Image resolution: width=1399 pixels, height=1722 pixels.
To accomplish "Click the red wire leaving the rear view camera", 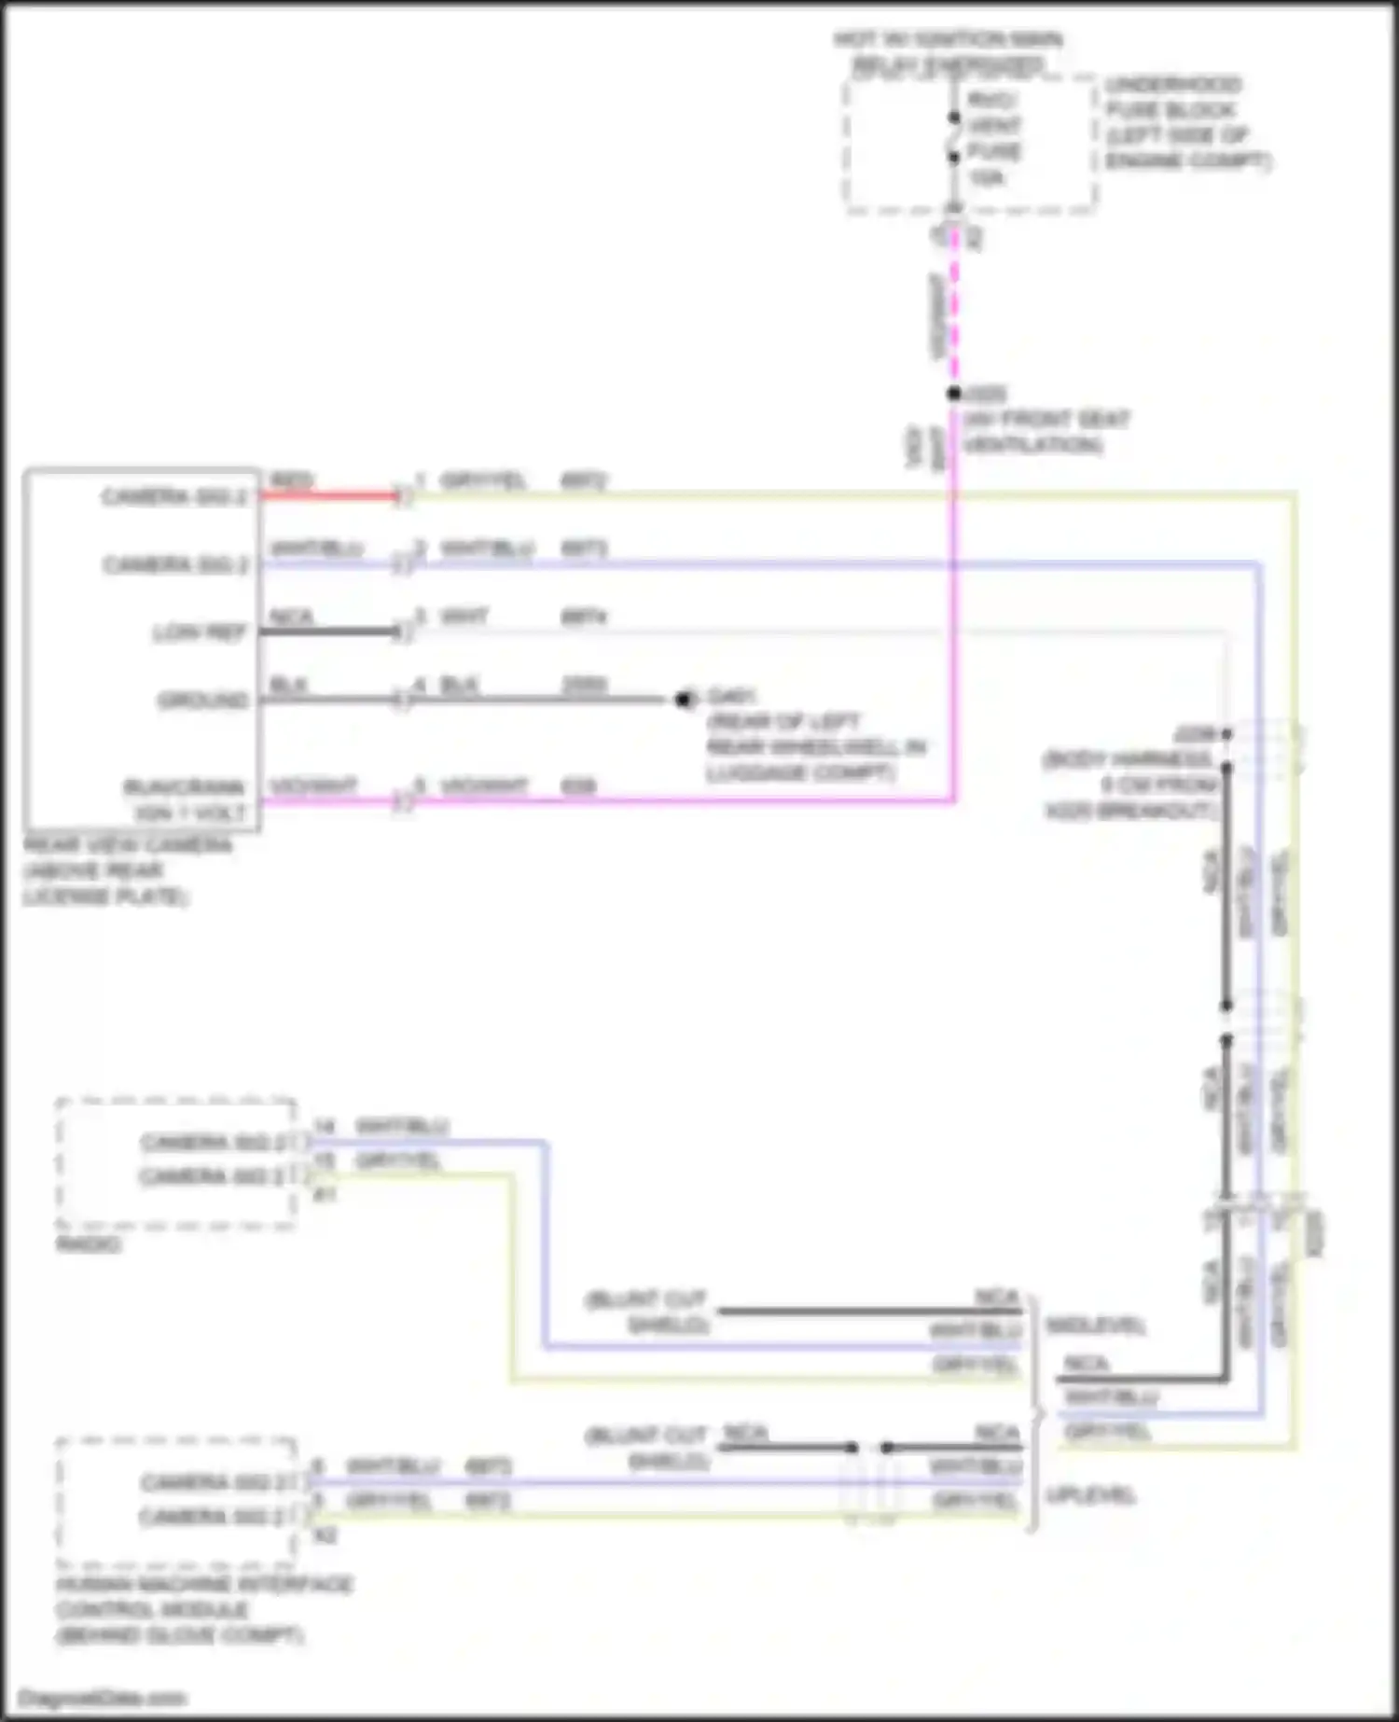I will pyautogui.click(x=326, y=494).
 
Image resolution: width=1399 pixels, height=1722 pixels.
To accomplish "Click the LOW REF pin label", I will pyautogui.click(x=199, y=633).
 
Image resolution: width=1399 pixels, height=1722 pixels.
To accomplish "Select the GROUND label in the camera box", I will pyautogui.click(x=202, y=700).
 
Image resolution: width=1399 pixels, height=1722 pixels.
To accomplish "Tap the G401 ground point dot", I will pyautogui.click(x=684, y=699).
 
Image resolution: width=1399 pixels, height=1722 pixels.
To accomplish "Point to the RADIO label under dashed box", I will pyautogui.click(x=89, y=1244).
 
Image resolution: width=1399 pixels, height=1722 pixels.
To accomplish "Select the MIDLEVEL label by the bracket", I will pyautogui.click(x=1095, y=1326).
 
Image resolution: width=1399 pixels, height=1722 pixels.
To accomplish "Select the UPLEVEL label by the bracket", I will pyautogui.click(x=1089, y=1495).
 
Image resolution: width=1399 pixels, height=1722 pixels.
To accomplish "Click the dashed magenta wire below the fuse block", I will pyautogui.click(x=954, y=308).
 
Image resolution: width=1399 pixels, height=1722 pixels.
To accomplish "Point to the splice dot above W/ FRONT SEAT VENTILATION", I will pyautogui.click(x=953, y=394).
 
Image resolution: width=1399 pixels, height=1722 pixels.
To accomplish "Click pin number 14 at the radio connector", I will pyautogui.click(x=324, y=1127).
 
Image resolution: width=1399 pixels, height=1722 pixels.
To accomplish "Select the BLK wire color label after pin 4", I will pyautogui.click(x=459, y=686).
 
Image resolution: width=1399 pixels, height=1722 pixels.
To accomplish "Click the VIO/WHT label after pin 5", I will pyautogui.click(x=483, y=786).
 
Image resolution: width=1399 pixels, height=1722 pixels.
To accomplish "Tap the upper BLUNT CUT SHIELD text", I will pyautogui.click(x=645, y=1312).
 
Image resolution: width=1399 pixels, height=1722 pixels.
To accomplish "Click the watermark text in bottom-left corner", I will pyautogui.click(x=103, y=1698).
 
